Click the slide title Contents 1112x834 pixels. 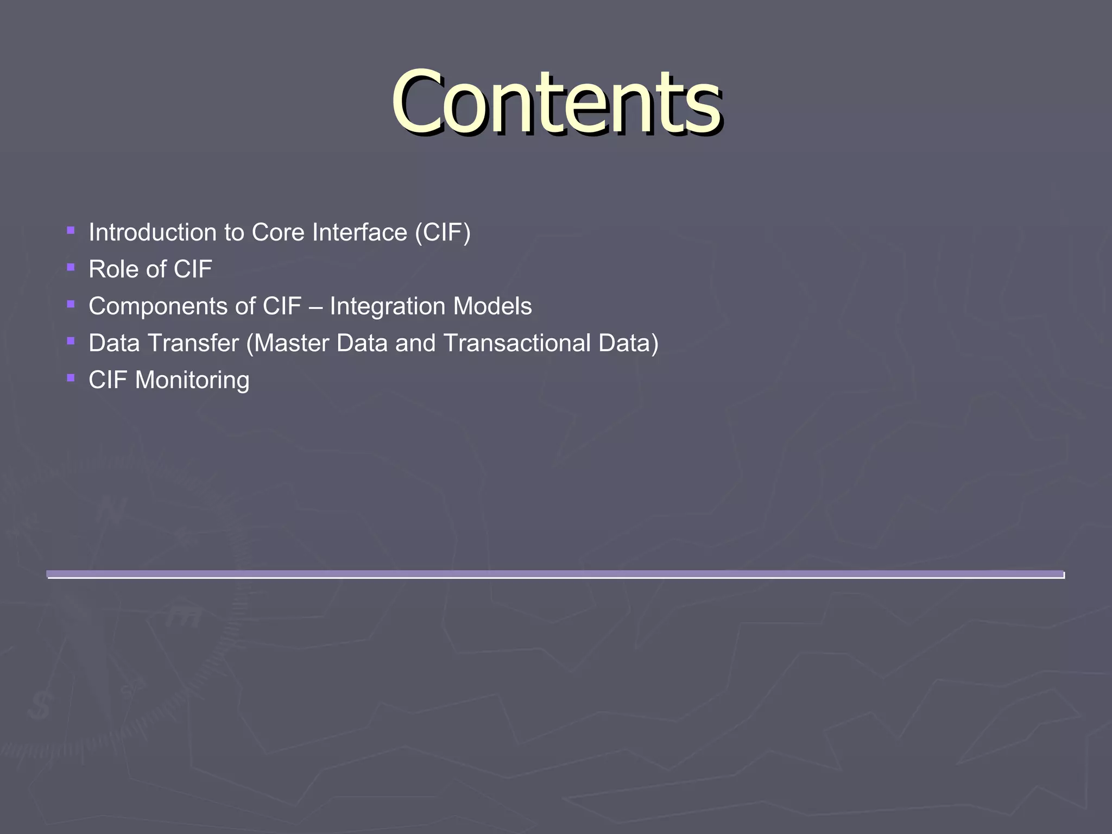[556, 103]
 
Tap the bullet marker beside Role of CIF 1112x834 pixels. [71, 267]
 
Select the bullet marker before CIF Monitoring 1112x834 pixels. [71, 378]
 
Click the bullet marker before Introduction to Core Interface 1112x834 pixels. [71, 230]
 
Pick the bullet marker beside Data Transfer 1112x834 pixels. [71, 341]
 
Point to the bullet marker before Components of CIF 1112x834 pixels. [71, 304]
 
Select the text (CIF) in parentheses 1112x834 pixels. [443, 232]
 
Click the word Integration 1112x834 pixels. [388, 307]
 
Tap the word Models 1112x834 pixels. [492, 306]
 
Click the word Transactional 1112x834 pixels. [516, 343]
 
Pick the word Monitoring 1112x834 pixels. [192, 380]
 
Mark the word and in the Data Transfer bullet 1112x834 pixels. [415, 343]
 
